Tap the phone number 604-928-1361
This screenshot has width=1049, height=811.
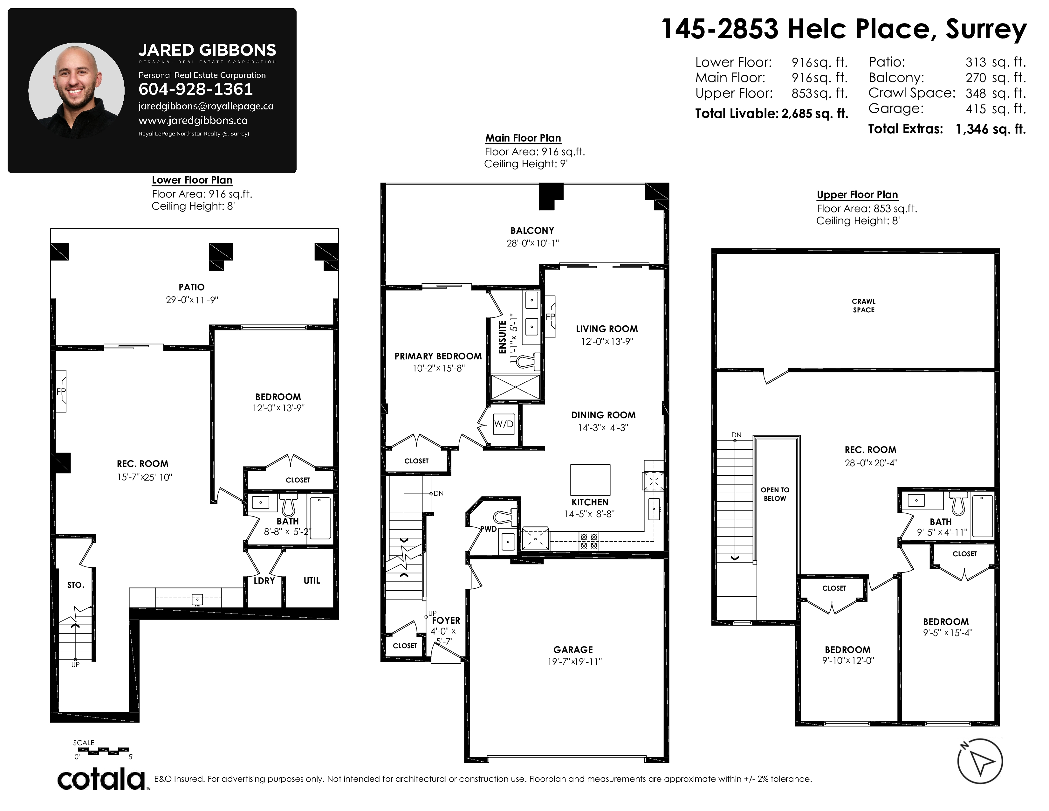click(x=195, y=89)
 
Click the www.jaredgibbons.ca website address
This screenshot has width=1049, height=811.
click(x=193, y=121)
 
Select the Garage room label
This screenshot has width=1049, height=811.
click(x=573, y=649)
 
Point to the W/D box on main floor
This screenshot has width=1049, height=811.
click(x=504, y=424)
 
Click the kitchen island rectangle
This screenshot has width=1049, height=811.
click(x=590, y=480)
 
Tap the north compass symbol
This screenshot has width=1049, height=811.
click(x=980, y=761)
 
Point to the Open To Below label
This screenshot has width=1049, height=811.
click(x=775, y=494)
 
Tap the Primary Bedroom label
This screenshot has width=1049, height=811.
click(x=438, y=356)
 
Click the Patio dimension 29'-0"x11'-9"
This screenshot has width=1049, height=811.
click(x=192, y=300)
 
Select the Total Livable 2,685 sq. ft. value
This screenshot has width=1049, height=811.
click(x=815, y=114)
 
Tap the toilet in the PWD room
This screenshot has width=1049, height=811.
click(x=505, y=517)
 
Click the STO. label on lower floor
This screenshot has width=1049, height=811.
click(x=76, y=585)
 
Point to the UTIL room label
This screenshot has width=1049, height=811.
click(x=312, y=580)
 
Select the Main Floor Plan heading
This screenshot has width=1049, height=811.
click(x=523, y=138)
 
